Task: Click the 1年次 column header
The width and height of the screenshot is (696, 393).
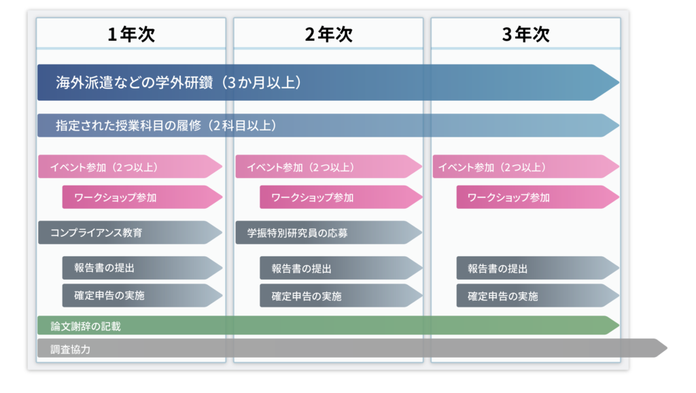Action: pos(131,34)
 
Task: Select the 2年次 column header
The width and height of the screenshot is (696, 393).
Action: pos(328,34)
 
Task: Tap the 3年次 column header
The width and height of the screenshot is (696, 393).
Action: pos(525,34)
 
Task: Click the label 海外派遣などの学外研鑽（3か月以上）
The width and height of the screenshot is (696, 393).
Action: pos(179,82)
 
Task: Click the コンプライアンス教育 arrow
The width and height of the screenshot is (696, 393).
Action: pos(130,233)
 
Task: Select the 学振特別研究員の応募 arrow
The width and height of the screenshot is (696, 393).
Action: pos(328,233)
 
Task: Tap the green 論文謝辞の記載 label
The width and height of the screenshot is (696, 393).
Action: pos(86,326)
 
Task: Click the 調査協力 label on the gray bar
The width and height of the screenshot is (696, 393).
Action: pos(70,349)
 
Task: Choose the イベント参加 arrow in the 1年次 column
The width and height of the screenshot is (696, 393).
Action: pos(130,167)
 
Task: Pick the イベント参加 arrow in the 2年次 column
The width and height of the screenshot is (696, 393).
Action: pos(328,167)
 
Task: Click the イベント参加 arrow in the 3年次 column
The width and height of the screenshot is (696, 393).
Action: pos(526,167)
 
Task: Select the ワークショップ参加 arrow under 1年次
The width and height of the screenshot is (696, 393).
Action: pos(142,196)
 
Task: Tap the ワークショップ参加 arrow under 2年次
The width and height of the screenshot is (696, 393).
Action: pos(341,196)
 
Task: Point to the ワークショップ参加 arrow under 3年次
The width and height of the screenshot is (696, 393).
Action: pos(538,196)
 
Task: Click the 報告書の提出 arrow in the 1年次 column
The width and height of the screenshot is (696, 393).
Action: pos(142,268)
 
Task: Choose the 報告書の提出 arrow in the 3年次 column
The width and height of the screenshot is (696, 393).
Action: pos(538,268)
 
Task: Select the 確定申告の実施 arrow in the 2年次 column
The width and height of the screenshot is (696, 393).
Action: pos(341,296)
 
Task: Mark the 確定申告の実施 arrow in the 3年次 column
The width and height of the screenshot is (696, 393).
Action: pos(538,296)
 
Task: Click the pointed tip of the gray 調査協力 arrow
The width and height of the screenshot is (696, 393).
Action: pos(667,348)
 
